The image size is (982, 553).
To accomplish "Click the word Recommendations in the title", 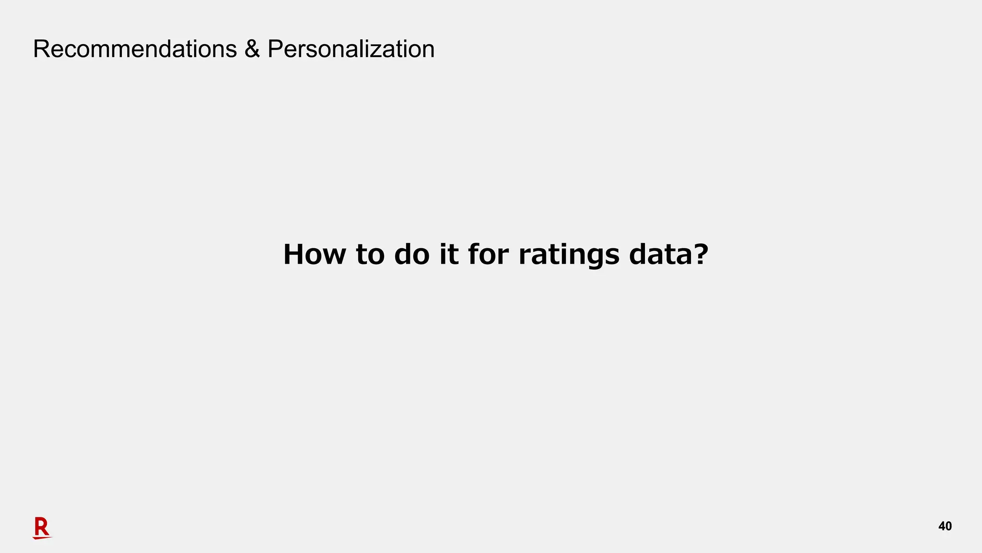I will coord(135,49).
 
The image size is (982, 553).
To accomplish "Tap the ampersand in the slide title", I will coord(252,49).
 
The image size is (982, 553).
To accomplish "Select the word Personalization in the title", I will coord(351,49).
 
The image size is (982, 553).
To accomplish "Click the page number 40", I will coord(945,527).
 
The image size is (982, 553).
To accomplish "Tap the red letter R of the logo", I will coord(42,527).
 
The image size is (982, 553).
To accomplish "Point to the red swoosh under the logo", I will coord(42,538).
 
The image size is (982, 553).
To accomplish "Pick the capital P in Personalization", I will coord(276,49).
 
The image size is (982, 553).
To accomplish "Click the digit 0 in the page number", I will coord(948,527).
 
